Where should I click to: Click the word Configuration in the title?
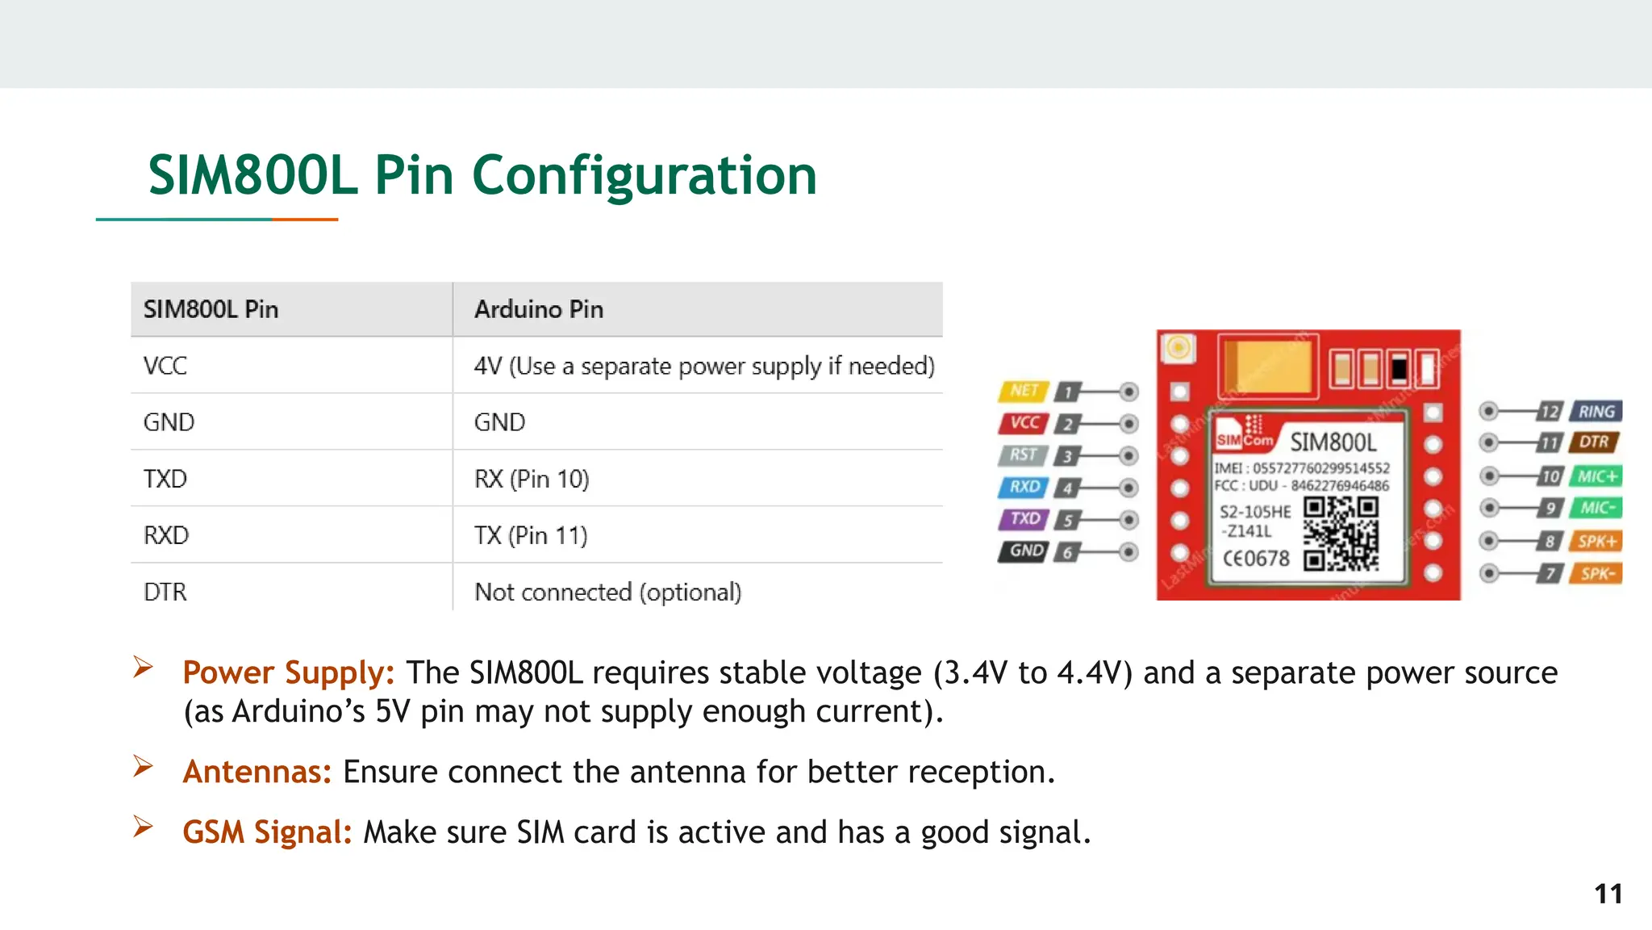pyautogui.click(x=644, y=176)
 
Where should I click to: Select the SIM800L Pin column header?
pyautogui.click(x=211, y=309)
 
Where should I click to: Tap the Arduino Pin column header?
pyautogui.click(x=539, y=309)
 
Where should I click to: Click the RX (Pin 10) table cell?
pyautogui.click(x=532, y=479)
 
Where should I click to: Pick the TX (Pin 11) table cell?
pyautogui.click(x=531, y=535)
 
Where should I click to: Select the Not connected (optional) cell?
pyautogui.click(x=607, y=592)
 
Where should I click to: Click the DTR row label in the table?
pyautogui.click(x=165, y=592)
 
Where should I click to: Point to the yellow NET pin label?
pyautogui.click(x=1024, y=391)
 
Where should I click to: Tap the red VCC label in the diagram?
pyautogui.click(x=1024, y=423)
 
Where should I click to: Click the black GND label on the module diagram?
pyautogui.click(x=1025, y=551)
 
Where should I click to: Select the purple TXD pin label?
pyautogui.click(x=1024, y=519)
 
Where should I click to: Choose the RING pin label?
pyautogui.click(x=1596, y=411)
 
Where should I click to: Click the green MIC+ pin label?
pyautogui.click(x=1596, y=476)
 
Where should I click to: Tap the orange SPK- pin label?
pyautogui.click(x=1596, y=574)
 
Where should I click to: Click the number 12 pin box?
pyautogui.click(x=1549, y=411)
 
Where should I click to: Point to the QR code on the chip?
pyautogui.click(x=1341, y=534)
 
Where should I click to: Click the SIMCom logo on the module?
pyautogui.click(x=1245, y=434)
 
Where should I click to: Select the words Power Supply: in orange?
pyautogui.click(x=288, y=672)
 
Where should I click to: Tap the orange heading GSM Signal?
pyautogui.click(x=267, y=832)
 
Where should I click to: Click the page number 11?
pyautogui.click(x=1608, y=894)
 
